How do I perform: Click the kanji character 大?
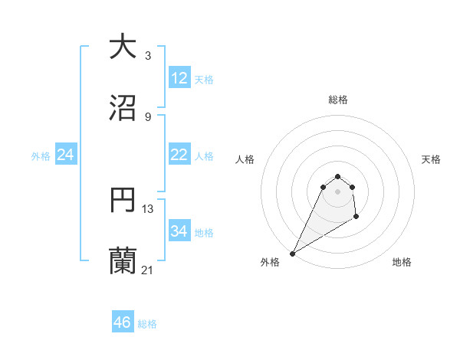(x=123, y=46)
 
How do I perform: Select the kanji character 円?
(x=123, y=200)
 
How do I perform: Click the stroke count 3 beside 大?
(x=148, y=55)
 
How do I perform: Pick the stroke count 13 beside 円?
(x=148, y=208)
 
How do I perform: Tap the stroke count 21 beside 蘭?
(x=148, y=270)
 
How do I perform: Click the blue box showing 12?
(x=179, y=78)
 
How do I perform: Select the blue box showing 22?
(x=179, y=155)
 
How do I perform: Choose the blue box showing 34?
(x=179, y=231)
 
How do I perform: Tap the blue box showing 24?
(x=66, y=155)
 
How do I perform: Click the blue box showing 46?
(x=123, y=322)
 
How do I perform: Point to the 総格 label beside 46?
(x=147, y=324)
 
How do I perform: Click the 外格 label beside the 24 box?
(x=41, y=155)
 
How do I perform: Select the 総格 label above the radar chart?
(x=338, y=100)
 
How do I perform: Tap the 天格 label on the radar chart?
(x=432, y=159)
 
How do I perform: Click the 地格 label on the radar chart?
(x=402, y=262)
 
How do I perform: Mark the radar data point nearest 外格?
(x=292, y=254)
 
